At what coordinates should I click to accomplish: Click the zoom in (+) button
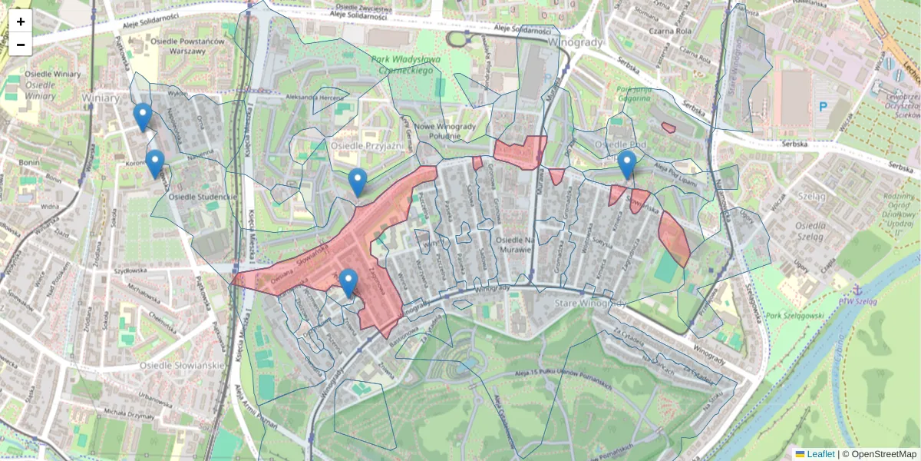21,22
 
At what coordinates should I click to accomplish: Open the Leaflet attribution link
820,454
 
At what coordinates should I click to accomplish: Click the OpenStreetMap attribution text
883,454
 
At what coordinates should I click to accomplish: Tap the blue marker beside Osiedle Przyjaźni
357,181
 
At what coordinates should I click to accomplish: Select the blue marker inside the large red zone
348,282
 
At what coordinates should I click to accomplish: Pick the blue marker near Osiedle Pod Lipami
627,164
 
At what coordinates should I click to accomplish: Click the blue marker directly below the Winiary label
142,116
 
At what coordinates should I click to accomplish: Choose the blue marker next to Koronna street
155,163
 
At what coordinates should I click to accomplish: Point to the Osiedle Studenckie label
203,197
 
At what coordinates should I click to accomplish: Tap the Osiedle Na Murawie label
503,244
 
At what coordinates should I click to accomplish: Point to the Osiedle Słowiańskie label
181,365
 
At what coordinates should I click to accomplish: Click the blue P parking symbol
823,106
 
